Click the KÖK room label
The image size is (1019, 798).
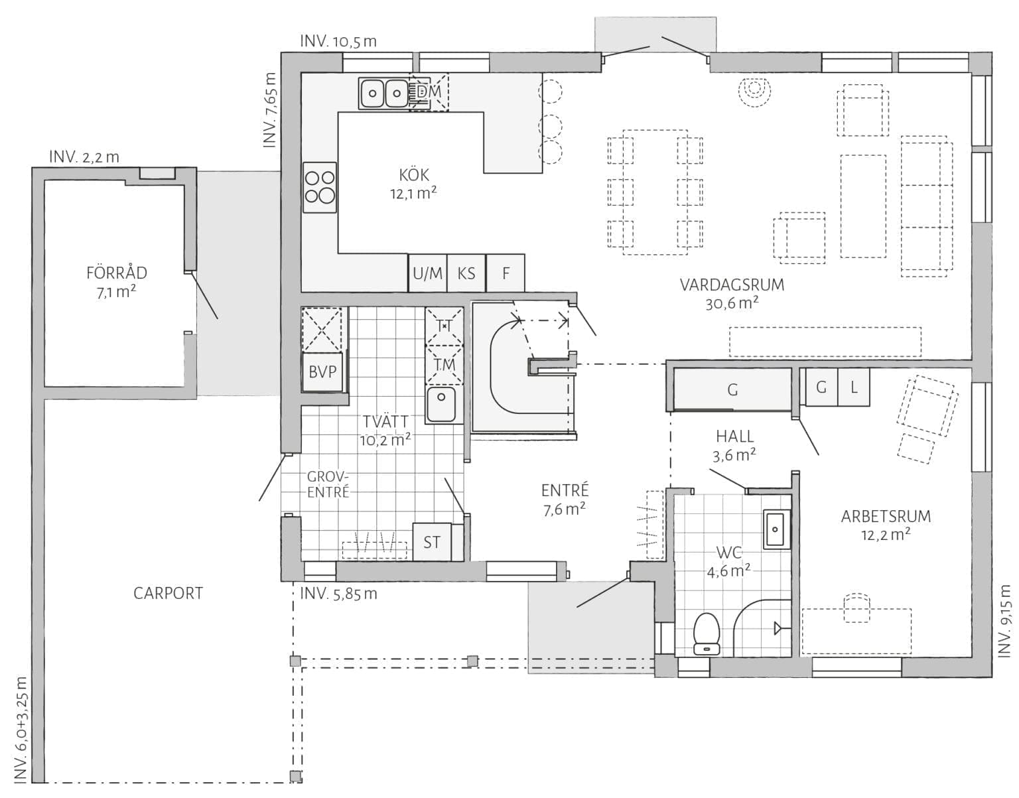(x=414, y=175)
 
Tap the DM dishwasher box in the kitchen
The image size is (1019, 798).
(x=429, y=92)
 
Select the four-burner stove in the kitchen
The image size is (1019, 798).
(x=320, y=187)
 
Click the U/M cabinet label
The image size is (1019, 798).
(x=428, y=273)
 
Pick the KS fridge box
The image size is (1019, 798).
(x=466, y=273)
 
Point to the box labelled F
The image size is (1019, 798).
(x=506, y=273)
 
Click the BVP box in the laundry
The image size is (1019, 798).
(x=322, y=372)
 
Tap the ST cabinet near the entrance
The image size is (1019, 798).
(x=431, y=541)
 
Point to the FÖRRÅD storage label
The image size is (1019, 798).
(x=117, y=273)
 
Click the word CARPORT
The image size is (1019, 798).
(x=169, y=593)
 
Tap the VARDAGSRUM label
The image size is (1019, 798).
(x=732, y=285)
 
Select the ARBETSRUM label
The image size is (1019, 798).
(x=886, y=516)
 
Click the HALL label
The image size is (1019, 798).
(x=735, y=436)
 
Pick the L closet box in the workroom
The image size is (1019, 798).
(x=853, y=387)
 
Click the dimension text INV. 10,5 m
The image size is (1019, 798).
(x=338, y=41)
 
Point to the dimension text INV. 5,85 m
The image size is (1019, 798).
(x=338, y=594)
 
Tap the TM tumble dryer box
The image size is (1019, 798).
(x=444, y=364)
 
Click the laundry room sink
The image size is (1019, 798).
(x=441, y=404)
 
